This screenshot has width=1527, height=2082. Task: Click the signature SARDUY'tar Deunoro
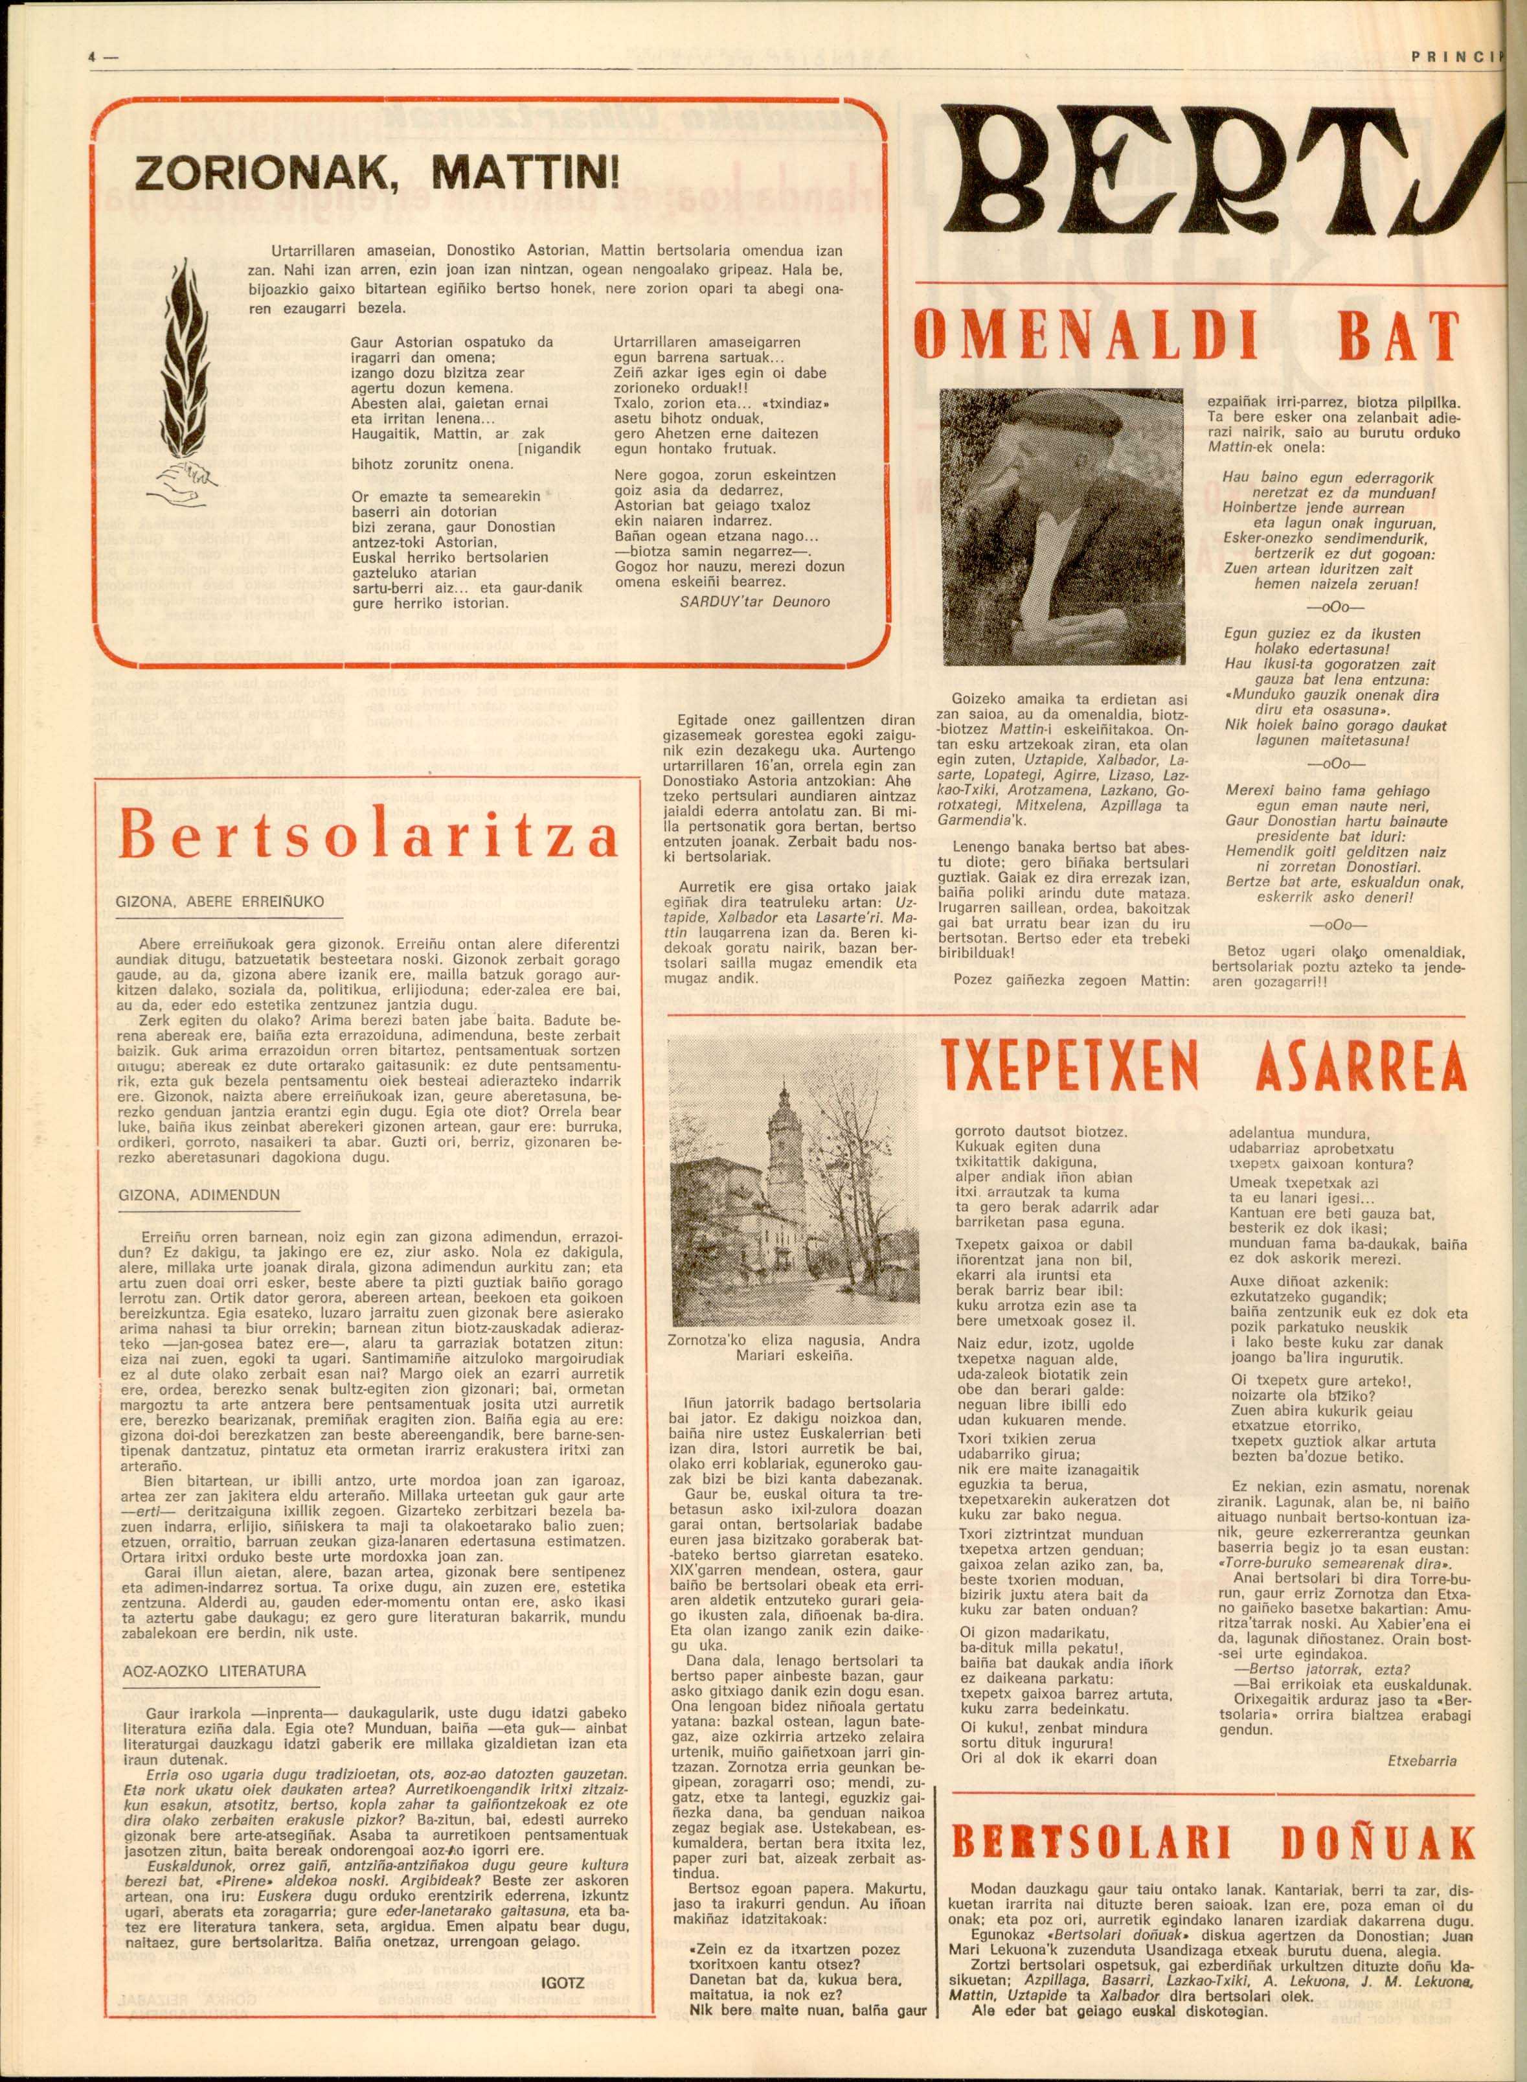click(x=754, y=601)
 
